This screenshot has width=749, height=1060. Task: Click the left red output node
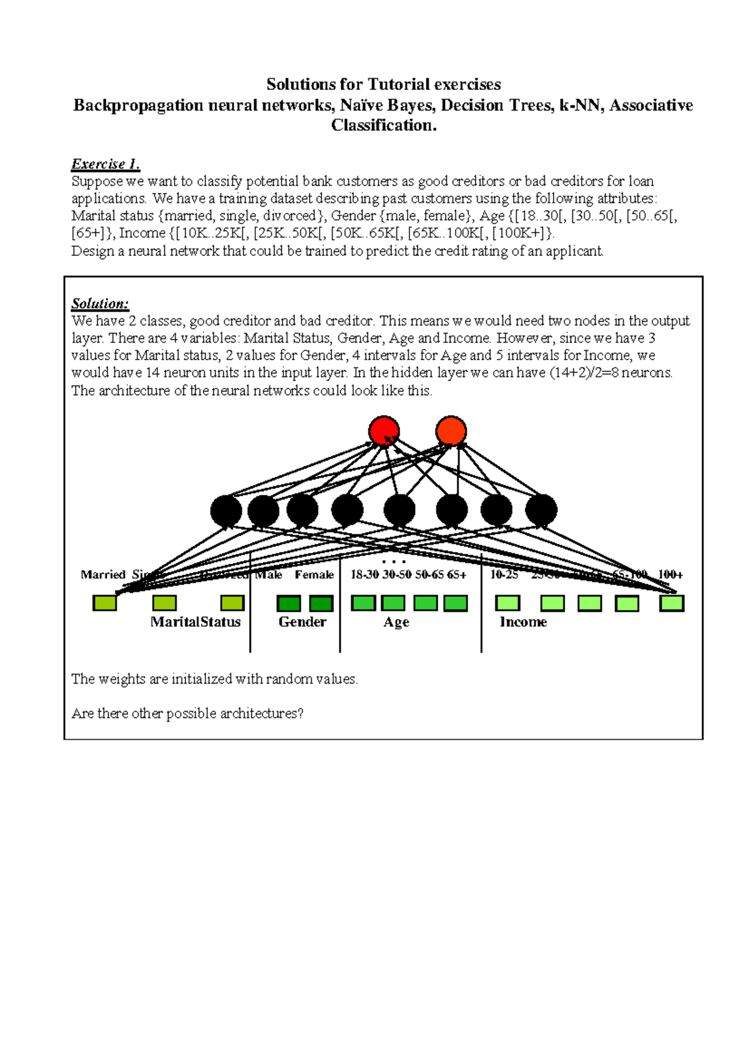[384, 431]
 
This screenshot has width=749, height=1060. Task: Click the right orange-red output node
[451, 431]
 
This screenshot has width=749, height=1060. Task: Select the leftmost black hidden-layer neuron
[226, 511]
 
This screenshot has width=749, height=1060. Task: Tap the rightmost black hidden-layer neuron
[541, 510]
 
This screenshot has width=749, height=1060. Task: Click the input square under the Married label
[105, 602]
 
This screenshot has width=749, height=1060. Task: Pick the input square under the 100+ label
[672, 603]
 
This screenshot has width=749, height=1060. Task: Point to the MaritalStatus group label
[195, 622]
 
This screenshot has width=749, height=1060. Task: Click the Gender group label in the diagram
[302, 622]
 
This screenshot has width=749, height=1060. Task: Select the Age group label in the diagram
[396, 622]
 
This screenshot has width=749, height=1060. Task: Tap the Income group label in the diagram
[523, 622]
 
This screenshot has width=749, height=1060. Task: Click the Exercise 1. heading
[105, 164]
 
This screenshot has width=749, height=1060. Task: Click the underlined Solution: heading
[100, 304]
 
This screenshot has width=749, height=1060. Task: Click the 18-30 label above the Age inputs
[365, 574]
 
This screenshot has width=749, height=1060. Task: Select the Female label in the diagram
[314, 574]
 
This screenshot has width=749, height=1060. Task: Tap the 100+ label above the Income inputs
[670, 574]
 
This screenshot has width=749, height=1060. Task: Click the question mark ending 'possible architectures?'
[300, 714]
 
